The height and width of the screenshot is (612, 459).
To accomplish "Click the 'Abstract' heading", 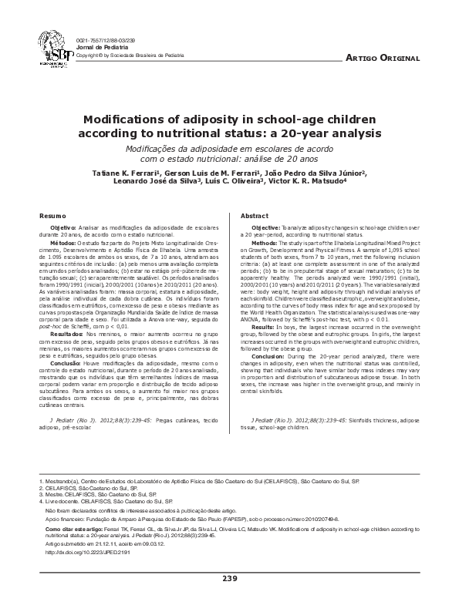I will click(x=254, y=217).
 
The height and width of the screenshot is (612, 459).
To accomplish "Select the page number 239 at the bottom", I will click(x=229, y=578).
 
